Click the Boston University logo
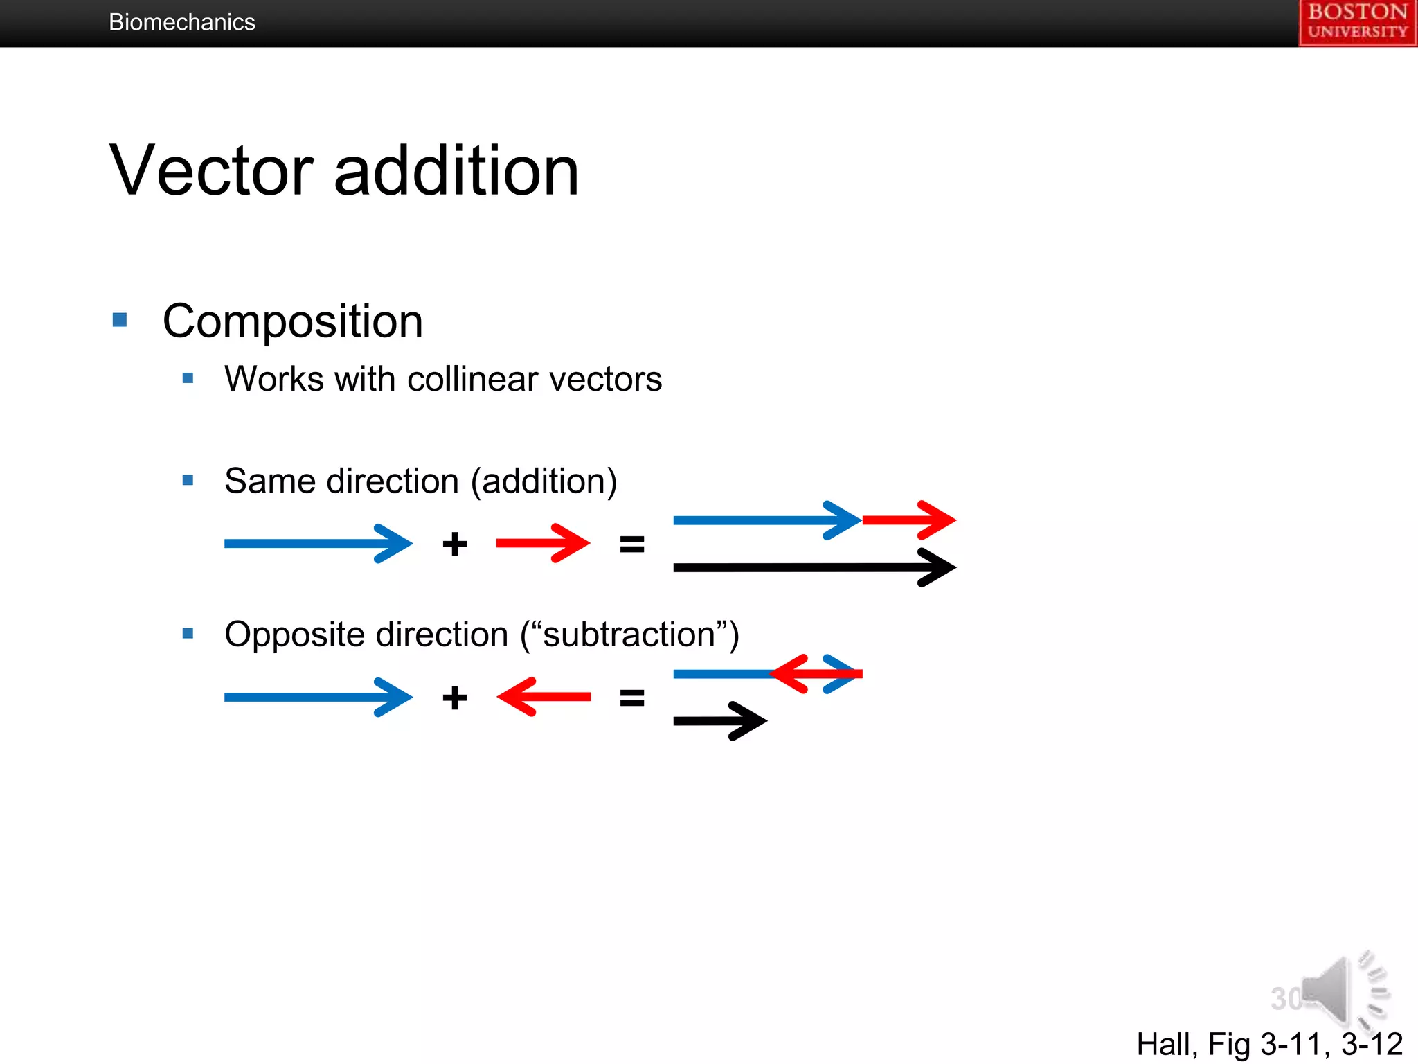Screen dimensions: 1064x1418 click(x=1357, y=22)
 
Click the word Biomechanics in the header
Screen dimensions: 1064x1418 click(x=182, y=22)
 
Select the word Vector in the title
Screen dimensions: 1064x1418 click(x=212, y=170)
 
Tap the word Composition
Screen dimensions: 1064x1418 click(x=292, y=321)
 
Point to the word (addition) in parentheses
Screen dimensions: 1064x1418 click(x=544, y=481)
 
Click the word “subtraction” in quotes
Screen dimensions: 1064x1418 click(x=629, y=635)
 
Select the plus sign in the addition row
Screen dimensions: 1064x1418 click(x=455, y=544)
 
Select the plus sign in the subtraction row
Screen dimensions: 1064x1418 click(x=455, y=698)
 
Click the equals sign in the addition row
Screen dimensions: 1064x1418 click(x=631, y=544)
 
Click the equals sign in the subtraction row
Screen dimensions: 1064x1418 click(x=631, y=698)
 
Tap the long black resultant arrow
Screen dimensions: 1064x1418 click(x=814, y=568)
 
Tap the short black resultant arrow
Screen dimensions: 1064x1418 click(x=720, y=721)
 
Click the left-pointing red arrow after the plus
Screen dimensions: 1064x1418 click(x=544, y=697)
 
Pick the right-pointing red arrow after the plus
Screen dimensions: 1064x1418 click(x=544, y=543)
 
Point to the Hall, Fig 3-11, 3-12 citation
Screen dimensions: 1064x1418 click(x=1269, y=1044)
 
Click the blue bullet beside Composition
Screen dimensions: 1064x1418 click(x=120, y=320)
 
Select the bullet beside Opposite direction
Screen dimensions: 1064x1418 click(x=188, y=633)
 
